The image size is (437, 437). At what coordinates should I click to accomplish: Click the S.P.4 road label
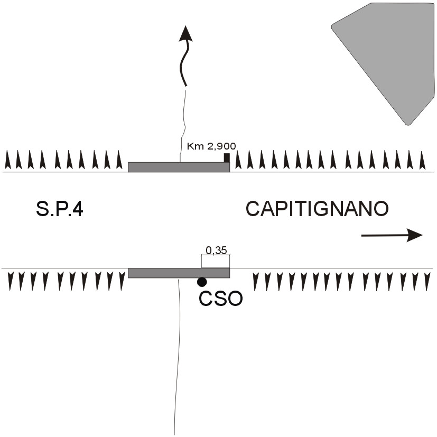pos(60,210)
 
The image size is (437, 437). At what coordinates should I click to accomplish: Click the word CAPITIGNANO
pos(317,209)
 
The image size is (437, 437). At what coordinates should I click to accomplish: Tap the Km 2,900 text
pos(211,146)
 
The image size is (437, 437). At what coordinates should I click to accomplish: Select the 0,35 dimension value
pos(216,250)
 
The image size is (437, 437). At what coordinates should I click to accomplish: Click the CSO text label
pos(220,299)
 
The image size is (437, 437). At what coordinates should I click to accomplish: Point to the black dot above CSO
pos(202,282)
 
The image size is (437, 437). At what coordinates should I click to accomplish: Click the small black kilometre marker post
pos(227,157)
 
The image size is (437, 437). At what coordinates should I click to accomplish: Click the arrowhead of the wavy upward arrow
pos(185,33)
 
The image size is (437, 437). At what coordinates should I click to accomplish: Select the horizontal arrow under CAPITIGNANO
pos(391,235)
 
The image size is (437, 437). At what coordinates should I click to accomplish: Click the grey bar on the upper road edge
pos(179,167)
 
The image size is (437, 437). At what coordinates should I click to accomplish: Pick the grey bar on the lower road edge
pos(179,273)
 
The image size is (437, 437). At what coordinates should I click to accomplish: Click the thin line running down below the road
pos(176,359)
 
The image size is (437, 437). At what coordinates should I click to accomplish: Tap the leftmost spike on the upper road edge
pos(7,160)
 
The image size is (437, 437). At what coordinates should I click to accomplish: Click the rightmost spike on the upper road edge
pos(422,160)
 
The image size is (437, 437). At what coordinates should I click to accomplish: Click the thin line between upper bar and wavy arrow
pos(184,124)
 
